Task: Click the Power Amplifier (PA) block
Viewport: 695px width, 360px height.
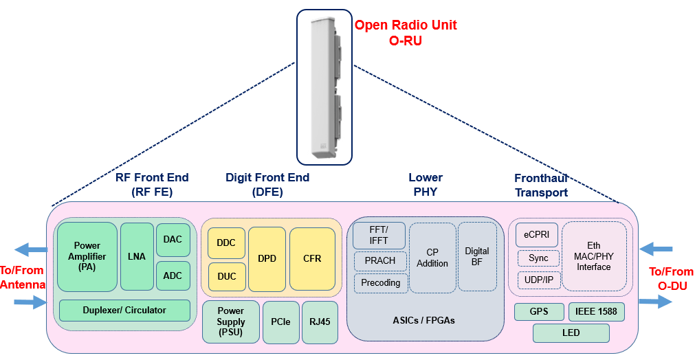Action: pos(87,256)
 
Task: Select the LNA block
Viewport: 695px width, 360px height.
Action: pos(137,256)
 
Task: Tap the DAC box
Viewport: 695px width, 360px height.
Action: pos(173,239)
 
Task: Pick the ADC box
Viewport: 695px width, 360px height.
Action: pos(173,275)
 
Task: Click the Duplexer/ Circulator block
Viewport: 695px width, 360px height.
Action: pos(124,311)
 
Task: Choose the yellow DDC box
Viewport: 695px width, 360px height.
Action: pos(226,243)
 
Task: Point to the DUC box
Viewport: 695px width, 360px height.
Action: pos(226,276)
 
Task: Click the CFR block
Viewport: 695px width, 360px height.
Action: pos(312,259)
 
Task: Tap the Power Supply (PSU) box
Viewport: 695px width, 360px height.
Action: pos(231,322)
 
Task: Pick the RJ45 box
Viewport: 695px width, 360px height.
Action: pos(320,322)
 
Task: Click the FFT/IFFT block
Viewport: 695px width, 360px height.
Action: pos(379,236)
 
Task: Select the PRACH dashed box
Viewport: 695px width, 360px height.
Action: pos(380,261)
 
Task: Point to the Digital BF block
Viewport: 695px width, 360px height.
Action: pos(476,256)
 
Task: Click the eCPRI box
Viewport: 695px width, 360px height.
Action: pos(536,234)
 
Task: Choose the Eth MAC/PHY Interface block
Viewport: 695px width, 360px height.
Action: pos(594,256)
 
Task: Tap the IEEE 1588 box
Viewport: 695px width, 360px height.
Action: pos(596,312)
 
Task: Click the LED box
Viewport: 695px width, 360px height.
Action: pos(571,333)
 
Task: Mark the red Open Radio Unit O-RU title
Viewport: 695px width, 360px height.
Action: pos(405,32)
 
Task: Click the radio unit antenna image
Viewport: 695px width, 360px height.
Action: pos(324,86)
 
